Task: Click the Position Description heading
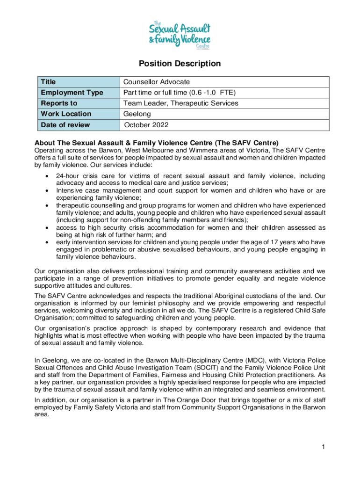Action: pyautogui.click(x=180, y=64)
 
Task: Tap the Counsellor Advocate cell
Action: pyautogui.click(x=156, y=82)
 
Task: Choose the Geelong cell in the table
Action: pyautogui.click(x=137, y=114)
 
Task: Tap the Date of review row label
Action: pyautogui.click(x=65, y=125)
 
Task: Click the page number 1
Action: pyautogui.click(x=323, y=448)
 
